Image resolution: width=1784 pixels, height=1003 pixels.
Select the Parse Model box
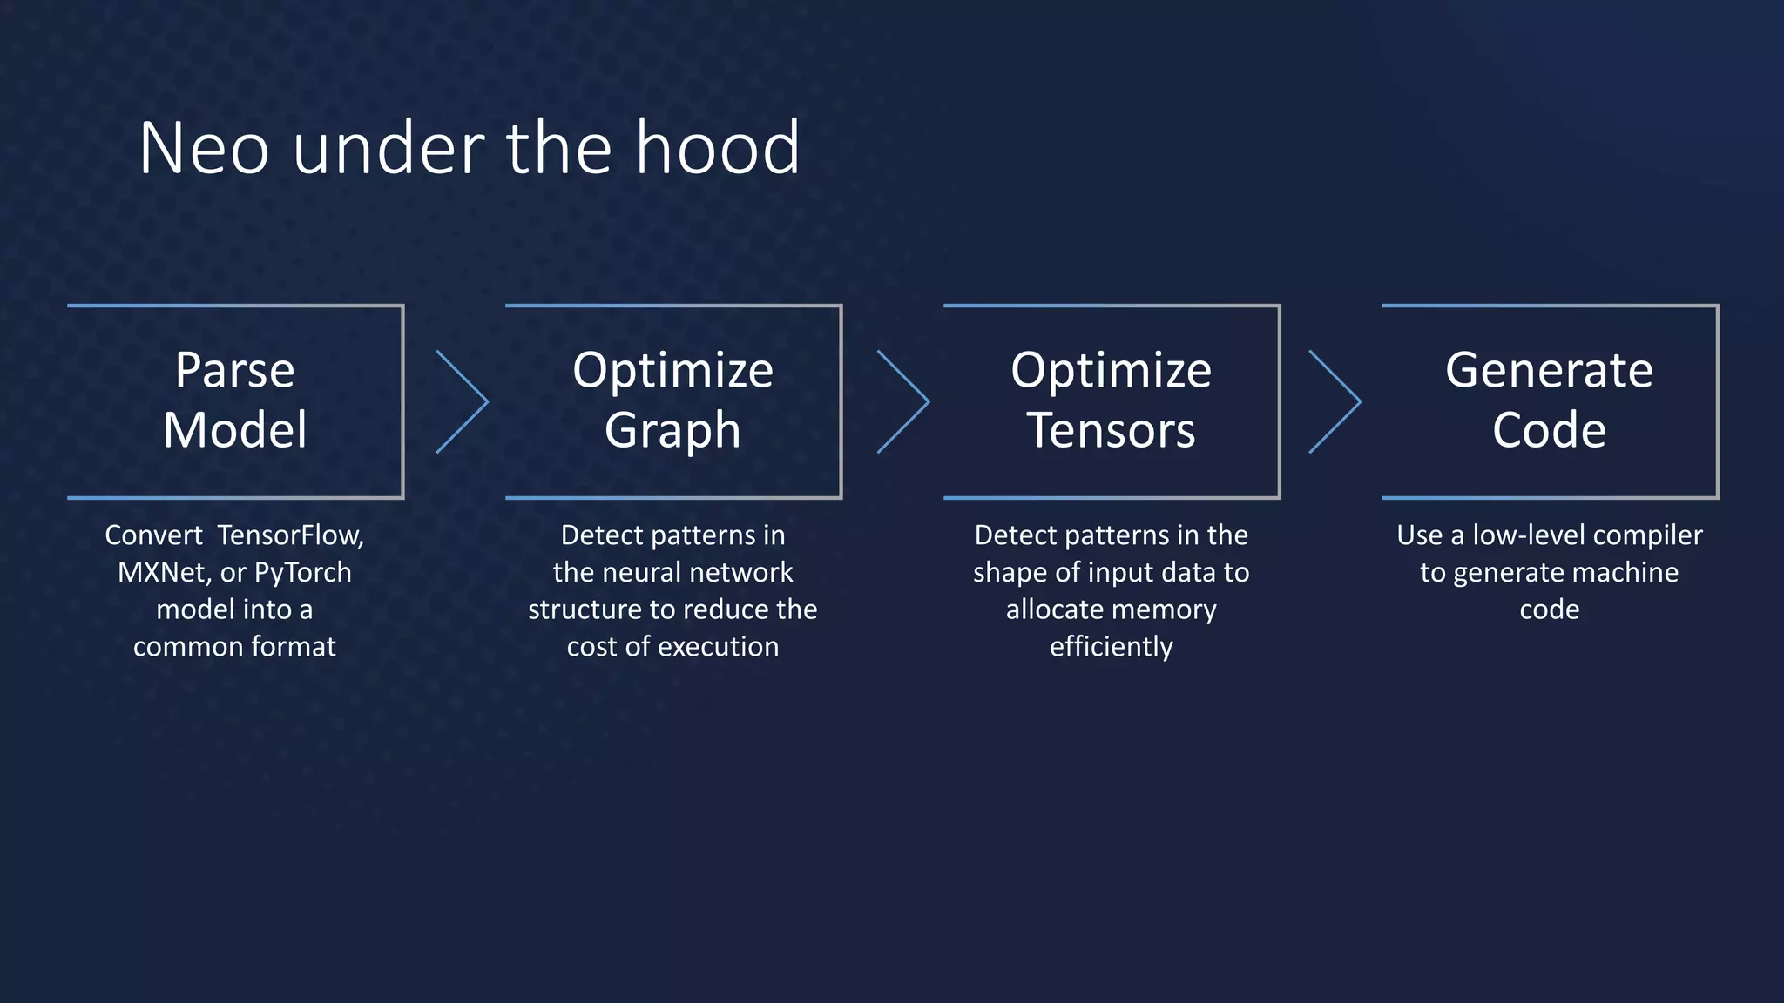point(235,401)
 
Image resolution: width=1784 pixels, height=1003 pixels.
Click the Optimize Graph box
point(673,401)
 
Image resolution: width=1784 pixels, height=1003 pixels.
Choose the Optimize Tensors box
point(1112,401)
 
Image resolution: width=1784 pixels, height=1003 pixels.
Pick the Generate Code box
point(1550,401)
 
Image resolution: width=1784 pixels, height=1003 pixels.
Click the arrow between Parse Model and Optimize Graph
point(463,401)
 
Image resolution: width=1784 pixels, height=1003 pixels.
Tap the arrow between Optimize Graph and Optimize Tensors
point(903,401)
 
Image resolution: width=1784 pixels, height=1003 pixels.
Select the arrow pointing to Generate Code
point(1335,401)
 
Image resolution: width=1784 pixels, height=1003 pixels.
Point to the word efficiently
point(1112,646)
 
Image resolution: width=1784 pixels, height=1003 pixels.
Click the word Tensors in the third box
point(1112,430)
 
